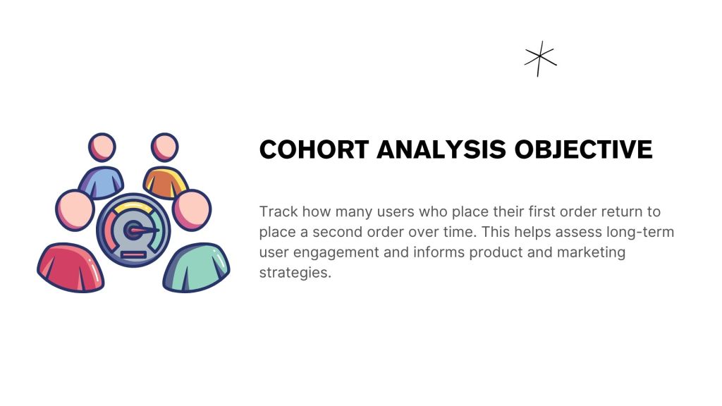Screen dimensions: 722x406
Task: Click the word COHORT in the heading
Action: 314,149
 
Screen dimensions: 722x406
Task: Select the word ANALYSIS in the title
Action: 441,149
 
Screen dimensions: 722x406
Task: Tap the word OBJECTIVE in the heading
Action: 583,149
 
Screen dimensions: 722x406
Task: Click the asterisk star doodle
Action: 541,59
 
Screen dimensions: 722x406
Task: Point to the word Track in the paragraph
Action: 279,211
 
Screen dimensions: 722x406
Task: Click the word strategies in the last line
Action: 295,273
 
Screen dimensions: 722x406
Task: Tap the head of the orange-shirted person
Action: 164,147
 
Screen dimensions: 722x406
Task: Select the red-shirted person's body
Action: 71,267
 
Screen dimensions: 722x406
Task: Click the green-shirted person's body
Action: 197,267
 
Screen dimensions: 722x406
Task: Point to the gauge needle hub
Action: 133,230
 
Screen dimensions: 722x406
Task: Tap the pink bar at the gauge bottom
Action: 133,254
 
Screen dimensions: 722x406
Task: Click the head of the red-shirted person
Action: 75,210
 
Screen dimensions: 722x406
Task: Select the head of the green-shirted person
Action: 192,210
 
